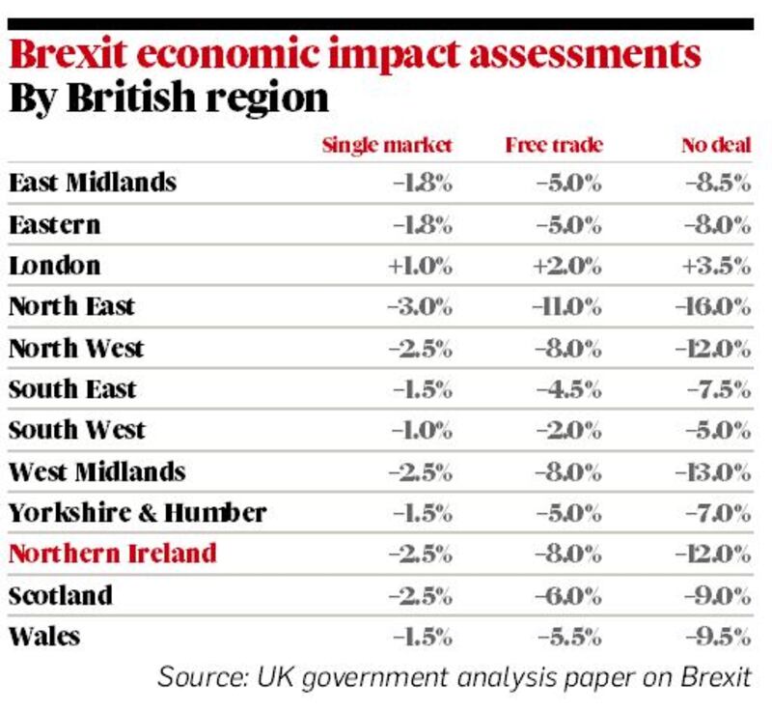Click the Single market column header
tap(386, 146)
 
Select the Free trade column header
tap(554, 146)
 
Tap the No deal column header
tap(715, 146)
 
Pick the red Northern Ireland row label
tap(112, 554)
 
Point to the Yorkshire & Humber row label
tap(137, 512)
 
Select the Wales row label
tap(44, 636)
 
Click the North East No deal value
tap(715, 307)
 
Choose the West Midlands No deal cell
tap(715, 471)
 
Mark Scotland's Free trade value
tap(568, 595)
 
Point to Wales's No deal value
tap(719, 636)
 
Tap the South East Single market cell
tap(421, 389)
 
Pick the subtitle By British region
tap(168, 99)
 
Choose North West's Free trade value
tap(568, 349)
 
